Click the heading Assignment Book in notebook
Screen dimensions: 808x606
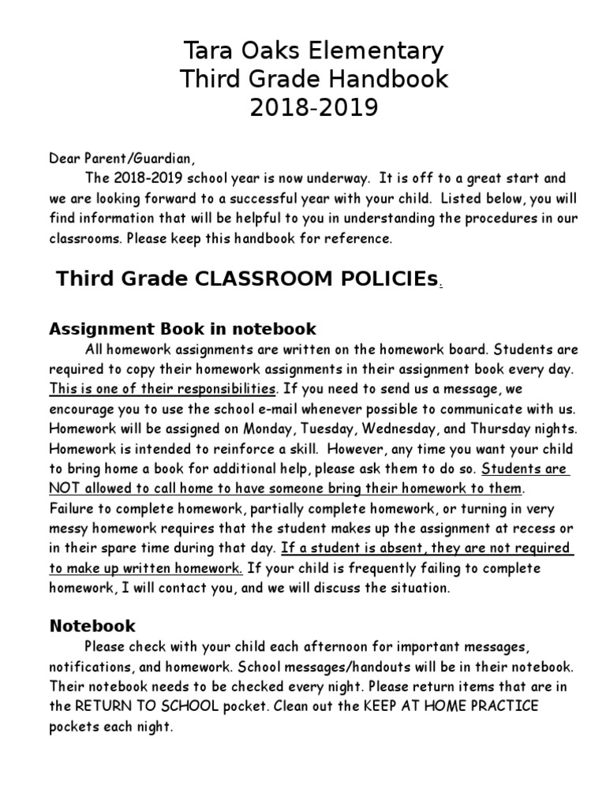pos(182,328)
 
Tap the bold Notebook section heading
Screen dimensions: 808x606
pos(92,626)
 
